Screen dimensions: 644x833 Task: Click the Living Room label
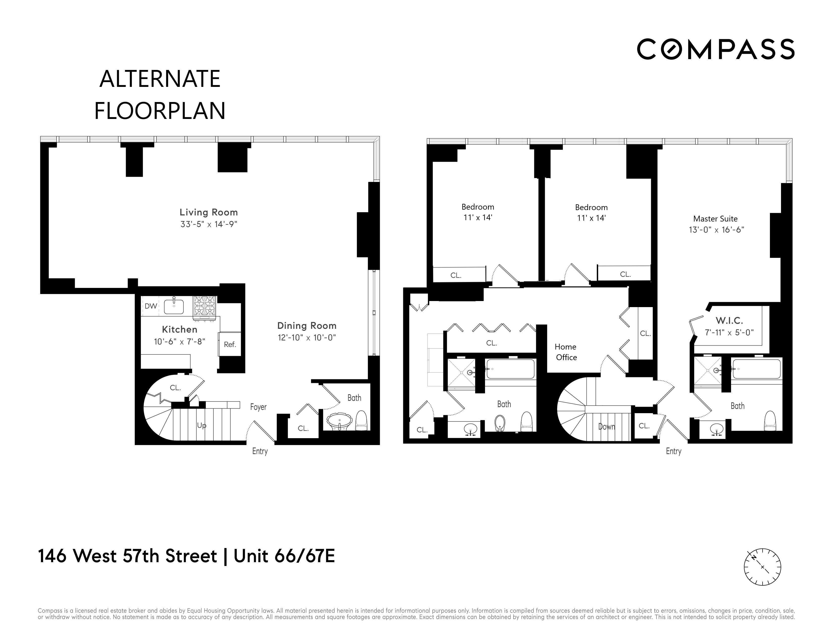click(209, 212)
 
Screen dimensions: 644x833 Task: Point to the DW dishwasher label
click(151, 306)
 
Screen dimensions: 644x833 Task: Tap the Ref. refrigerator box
click(230, 344)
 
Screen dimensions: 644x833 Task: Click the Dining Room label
click(307, 326)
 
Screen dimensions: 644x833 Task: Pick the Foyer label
click(258, 407)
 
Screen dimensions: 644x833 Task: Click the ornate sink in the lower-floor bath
click(339, 422)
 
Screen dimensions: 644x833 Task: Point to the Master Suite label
click(715, 219)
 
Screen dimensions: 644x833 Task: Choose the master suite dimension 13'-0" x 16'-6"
click(716, 230)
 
